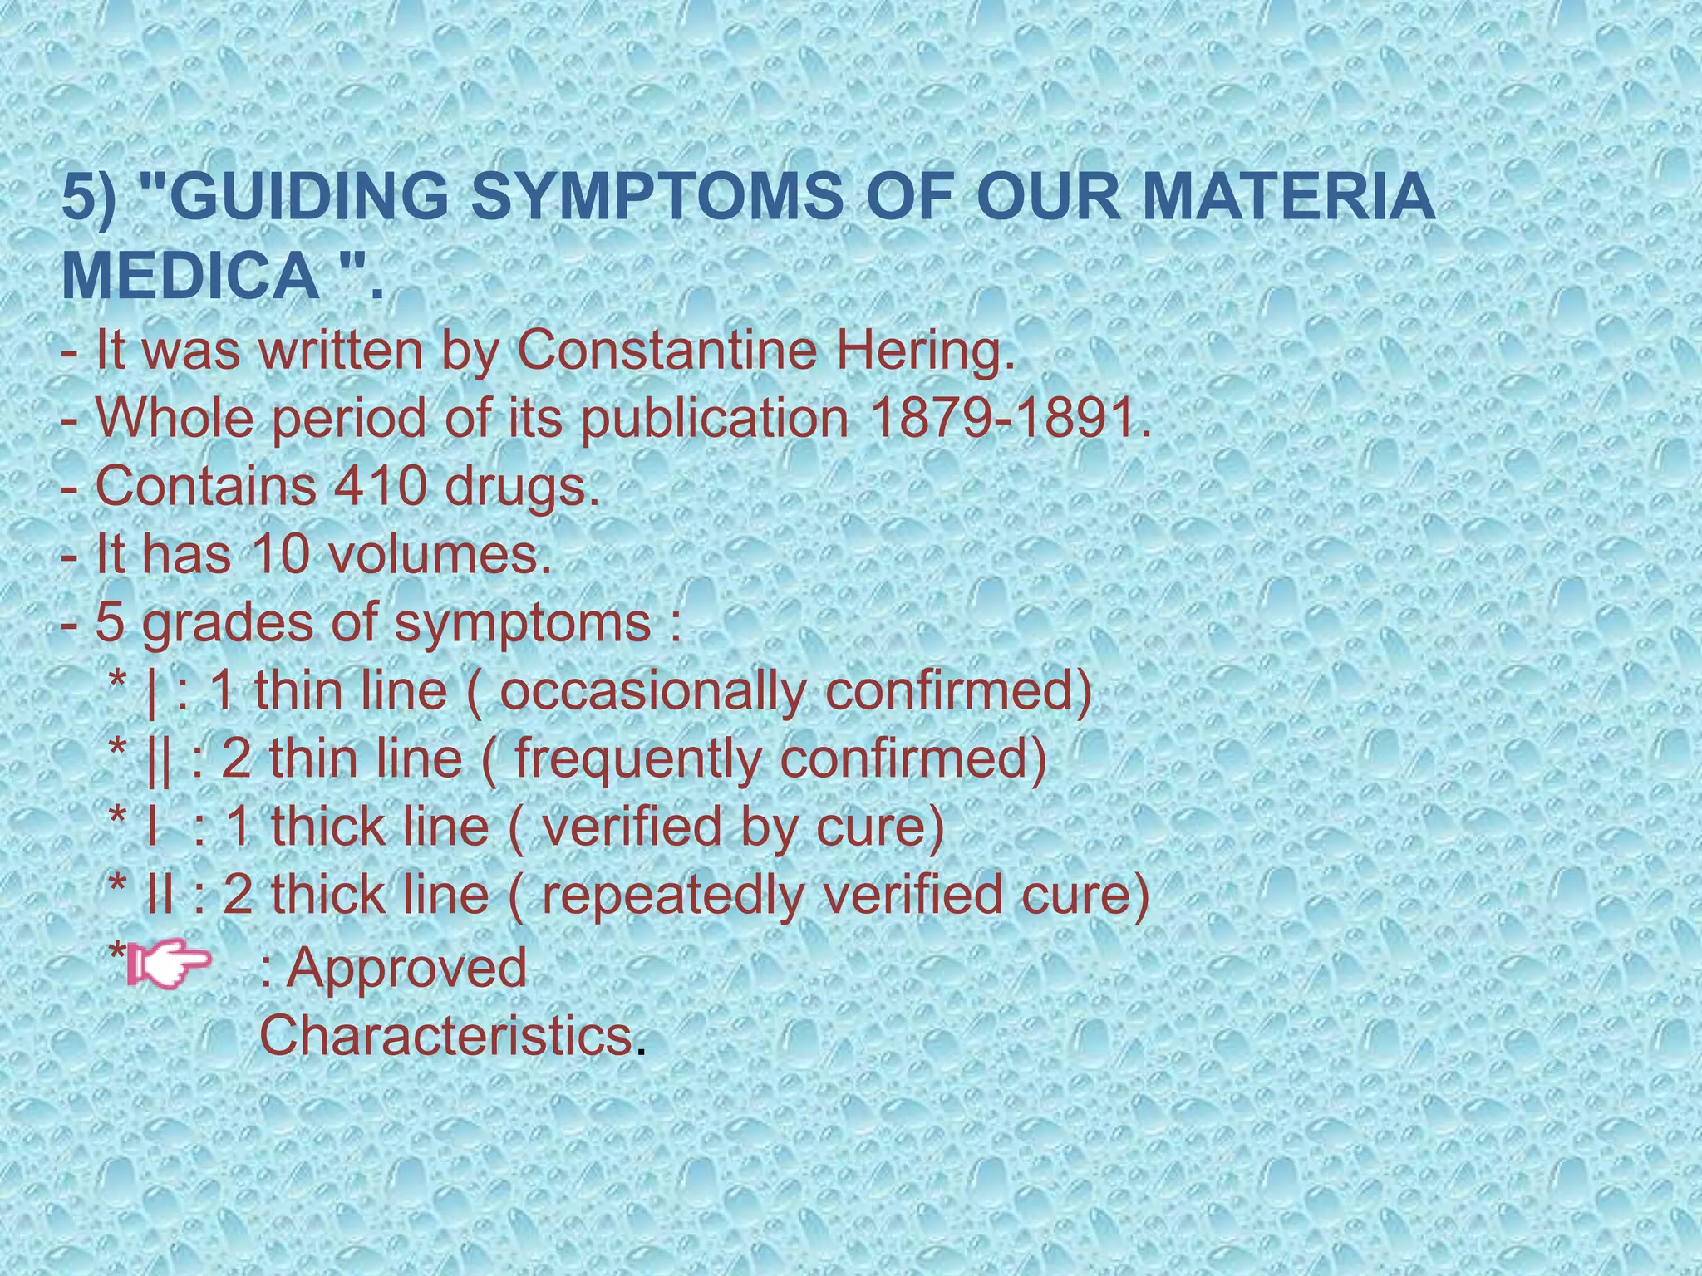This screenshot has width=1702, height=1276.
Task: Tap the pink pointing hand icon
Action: [x=171, y=967]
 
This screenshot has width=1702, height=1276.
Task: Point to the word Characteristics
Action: [x=445, y=1035]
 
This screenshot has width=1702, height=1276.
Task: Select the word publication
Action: [x=714, y=419]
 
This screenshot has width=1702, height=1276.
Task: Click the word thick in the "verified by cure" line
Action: [x=324, y=827]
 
